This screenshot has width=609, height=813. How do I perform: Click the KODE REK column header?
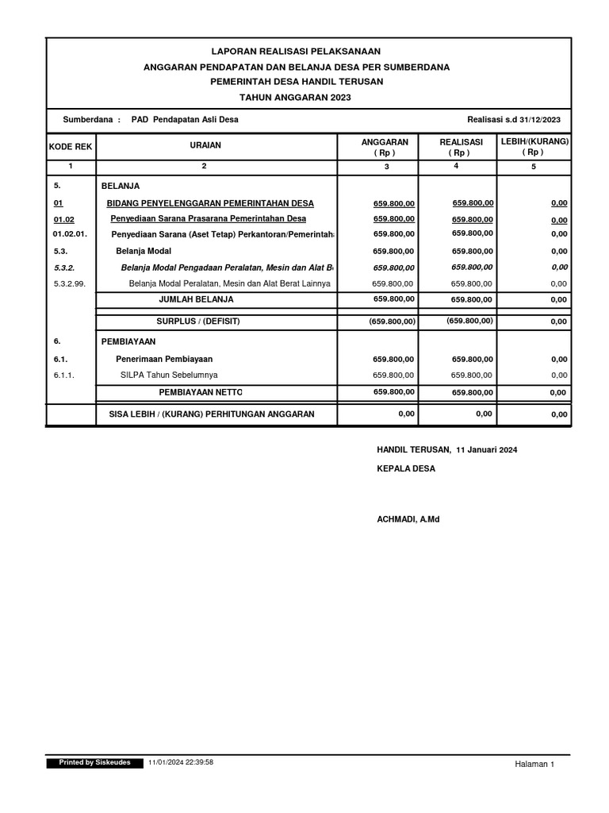pyautogui.click(x=71, y=146)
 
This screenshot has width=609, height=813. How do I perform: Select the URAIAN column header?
pyautogui.click(x=205, y=145)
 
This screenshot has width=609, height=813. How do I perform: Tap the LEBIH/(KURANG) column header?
pyautogui.click(x=534, y=146)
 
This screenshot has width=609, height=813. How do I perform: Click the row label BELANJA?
pyautogui.click(x=121, y=186)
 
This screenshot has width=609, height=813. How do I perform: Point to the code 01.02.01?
pyautogui.click(x=70, y=234)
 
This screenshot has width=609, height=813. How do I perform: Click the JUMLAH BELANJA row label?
pyautogui.click(x=197, y=299)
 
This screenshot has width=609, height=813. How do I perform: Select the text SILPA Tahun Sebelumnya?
pyautogui.click(x=169, y=375)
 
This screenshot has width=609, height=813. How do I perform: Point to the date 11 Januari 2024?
pyautogui.click(x=487, y=450)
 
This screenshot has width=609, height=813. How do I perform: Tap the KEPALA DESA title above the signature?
pyautogui.click(x=405, y=469)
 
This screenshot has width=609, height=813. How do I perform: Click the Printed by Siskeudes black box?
pyautogui.click(x=94, y=762)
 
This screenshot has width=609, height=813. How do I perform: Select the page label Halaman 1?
pyautogui.click(x=534, y=764)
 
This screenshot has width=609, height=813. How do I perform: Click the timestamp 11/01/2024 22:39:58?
pyautogui.click(x=181, y=762)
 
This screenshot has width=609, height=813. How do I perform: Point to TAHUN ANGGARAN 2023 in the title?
pyautogui.click(x=296, y=97)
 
